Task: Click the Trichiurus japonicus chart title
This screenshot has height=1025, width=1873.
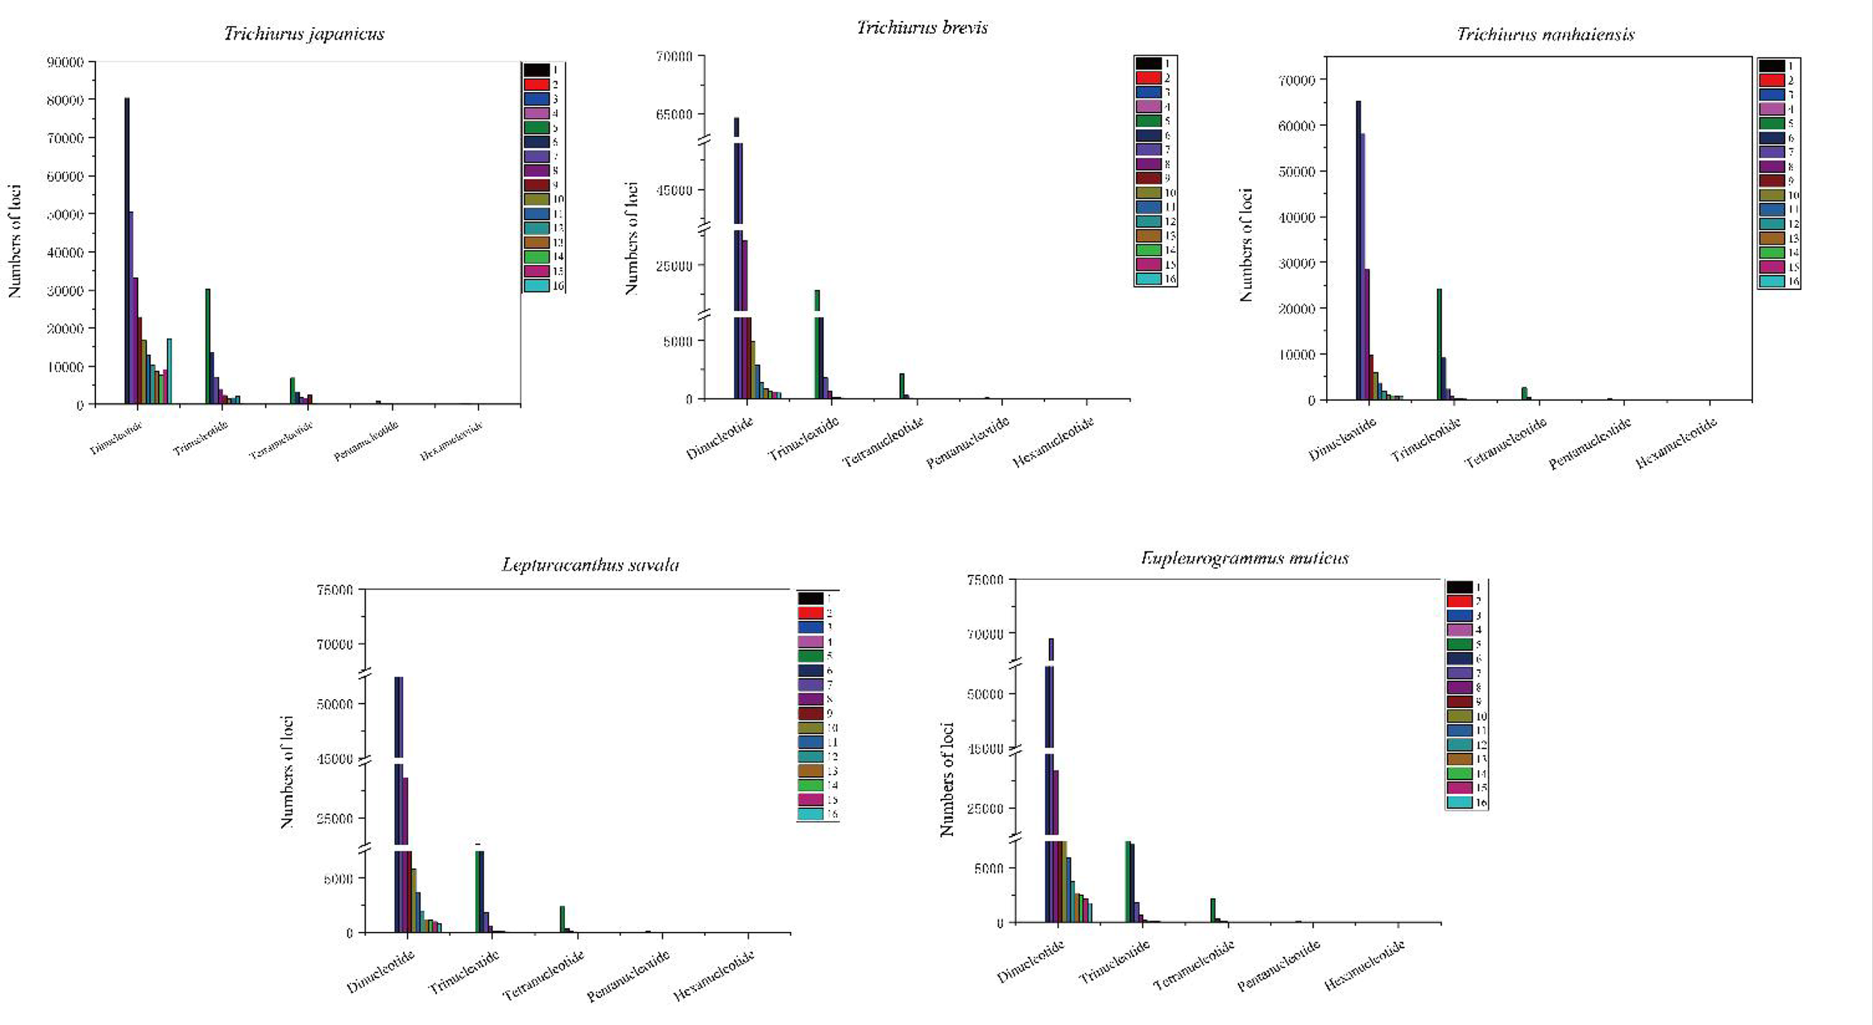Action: [x=303, y=34]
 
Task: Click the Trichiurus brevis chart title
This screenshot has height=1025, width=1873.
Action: [x=922, y=28]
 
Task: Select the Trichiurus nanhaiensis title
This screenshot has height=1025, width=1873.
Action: [x=1545, y=34]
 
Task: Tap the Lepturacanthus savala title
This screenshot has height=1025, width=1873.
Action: [x=590, y=565]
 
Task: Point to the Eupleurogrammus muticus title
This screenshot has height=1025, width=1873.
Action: [x=1244, y=558]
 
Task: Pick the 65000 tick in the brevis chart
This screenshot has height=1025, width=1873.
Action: [x=674, y=115]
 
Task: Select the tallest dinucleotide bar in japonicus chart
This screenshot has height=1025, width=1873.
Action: [x=127, y=251]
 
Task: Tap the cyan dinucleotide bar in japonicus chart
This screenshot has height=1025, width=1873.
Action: [x=169, y=371]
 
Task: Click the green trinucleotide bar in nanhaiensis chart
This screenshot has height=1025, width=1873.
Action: [x=1439, y=344]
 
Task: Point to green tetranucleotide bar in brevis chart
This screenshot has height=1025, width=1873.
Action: [x=902, y=386]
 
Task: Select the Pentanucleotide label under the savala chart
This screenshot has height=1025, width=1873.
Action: [x=628, y=976]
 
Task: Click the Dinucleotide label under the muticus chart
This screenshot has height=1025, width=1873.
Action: [x=1030, y=962]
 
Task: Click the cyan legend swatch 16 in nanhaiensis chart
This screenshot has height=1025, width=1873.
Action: [x=1772, y=282]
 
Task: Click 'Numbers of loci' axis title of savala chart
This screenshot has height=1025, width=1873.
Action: [x=287, y=772]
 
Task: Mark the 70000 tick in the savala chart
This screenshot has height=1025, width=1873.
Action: [x=334, y=644]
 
